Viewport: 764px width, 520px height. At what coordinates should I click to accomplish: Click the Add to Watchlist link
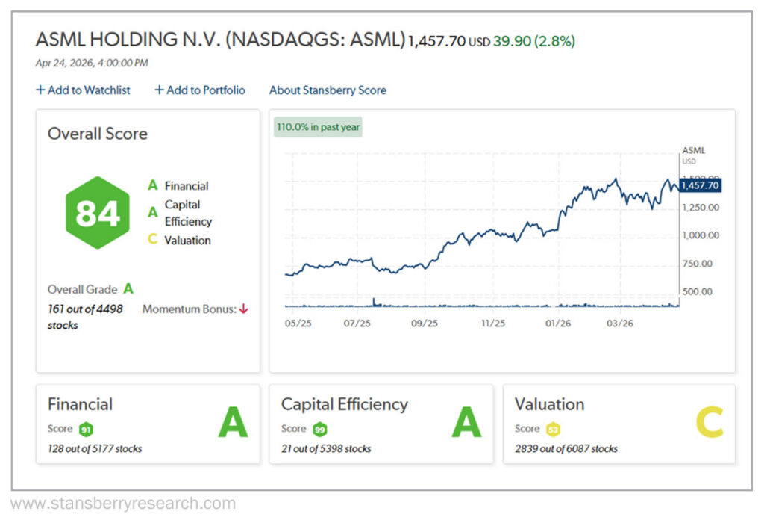(83, 90)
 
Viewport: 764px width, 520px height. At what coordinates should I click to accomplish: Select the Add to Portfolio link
(199, 90)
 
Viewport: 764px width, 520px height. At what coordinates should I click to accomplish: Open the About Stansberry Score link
(328, 90)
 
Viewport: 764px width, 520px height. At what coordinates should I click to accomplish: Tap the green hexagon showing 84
(98, 213)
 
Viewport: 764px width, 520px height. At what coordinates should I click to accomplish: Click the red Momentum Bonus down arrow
(242, 309)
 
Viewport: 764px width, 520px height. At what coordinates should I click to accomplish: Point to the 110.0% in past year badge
(318, 127)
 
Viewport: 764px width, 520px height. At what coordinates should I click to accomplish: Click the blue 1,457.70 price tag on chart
(700, 185)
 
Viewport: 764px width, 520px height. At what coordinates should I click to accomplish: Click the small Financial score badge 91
(85, 430)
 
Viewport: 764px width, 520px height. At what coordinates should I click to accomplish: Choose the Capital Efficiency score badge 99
(320, 430)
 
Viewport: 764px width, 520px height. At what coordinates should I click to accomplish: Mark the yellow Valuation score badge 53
(553, 430)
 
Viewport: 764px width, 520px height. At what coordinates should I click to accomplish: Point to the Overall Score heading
(98, 134)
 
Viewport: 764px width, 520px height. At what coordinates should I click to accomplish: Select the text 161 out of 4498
(85, 308)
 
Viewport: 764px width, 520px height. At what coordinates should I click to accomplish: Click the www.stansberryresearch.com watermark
(123, 504)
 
